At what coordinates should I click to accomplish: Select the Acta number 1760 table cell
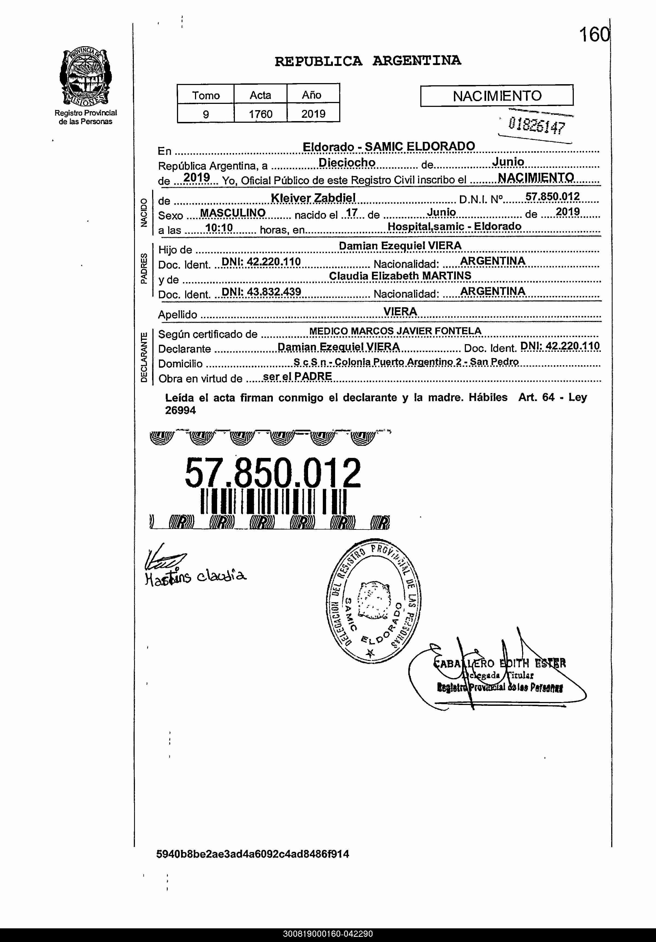pos(260,114)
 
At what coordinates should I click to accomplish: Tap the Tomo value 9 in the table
pos(206,114)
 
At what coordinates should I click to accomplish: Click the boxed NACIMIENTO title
pos(497,96)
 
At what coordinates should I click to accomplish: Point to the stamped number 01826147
pos(536,125)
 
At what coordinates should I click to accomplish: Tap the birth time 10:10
pos(219,228)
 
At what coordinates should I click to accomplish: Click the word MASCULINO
pos(232,213)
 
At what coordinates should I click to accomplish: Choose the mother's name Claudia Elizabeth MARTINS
pos(400,276)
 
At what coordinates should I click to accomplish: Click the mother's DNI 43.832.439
pos(261,292)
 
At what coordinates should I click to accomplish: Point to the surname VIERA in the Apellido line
pos(400,311)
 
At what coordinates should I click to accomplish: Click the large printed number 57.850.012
pos(273,473)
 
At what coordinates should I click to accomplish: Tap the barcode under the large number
pos(274,501)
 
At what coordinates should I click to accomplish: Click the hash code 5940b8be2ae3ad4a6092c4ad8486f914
pos(253,854)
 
